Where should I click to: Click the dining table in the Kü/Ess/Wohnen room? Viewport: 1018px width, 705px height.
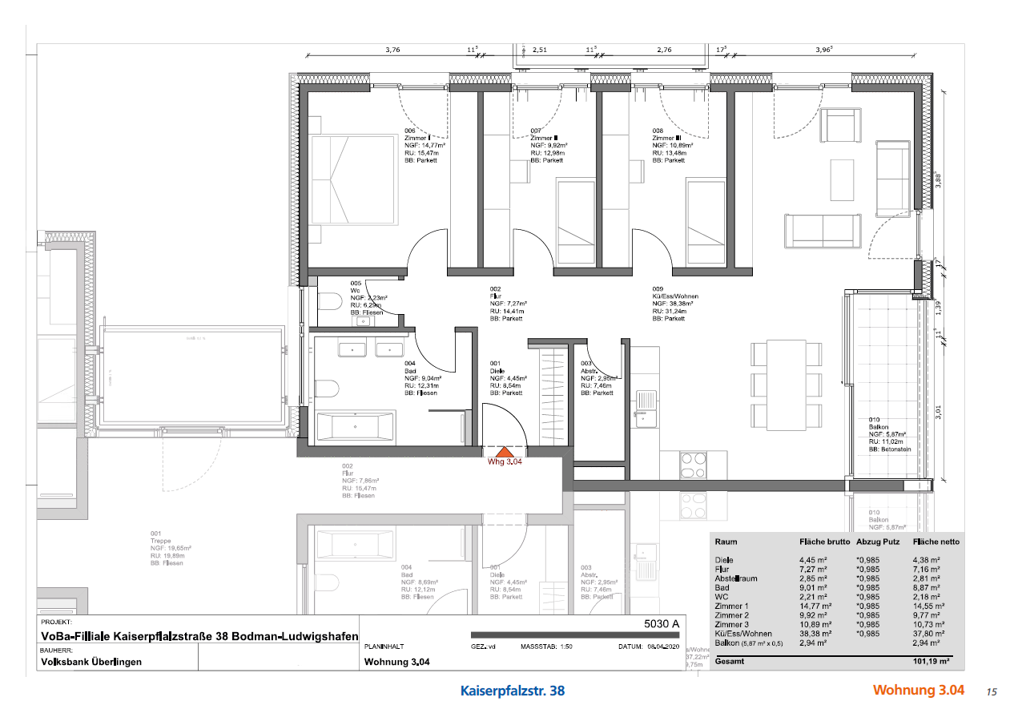tap(786, 379)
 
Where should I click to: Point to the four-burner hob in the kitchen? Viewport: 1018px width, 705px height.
tap(693, 462)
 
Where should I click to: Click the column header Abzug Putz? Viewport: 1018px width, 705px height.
tap(879, 542)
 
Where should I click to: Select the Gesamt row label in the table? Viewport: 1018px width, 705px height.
tap(730, 663)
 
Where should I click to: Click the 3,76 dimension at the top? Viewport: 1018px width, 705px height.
tap(392, 50)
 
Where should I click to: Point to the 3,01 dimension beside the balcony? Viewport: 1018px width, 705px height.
tap(940, 413)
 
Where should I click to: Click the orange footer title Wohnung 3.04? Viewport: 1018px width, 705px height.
tap(918, 691)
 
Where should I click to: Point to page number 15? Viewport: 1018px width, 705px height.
tap(991, 691)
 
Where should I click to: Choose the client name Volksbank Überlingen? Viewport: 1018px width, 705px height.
tap(91, 662)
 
